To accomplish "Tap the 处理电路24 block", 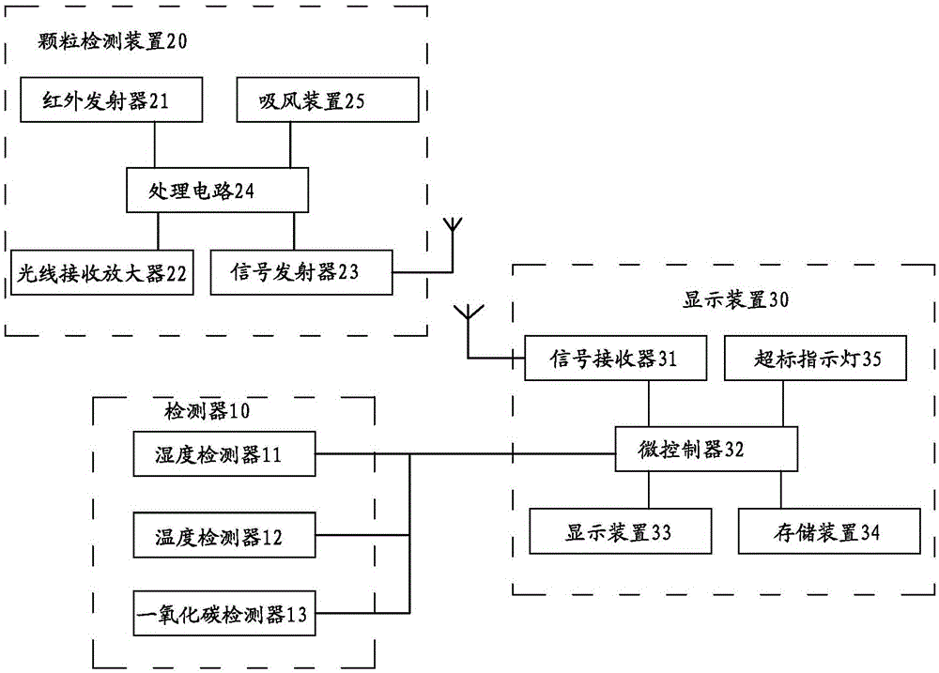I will coord(217,191).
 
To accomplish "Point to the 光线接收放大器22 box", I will coord(101,273).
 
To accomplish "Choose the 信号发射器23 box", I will coord(300,273).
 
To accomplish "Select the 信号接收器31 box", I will coord(613,358).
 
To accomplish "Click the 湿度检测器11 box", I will coord(224,455).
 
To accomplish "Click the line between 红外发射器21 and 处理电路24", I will coord(154,145).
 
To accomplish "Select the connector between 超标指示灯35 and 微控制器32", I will coord(781,403).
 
